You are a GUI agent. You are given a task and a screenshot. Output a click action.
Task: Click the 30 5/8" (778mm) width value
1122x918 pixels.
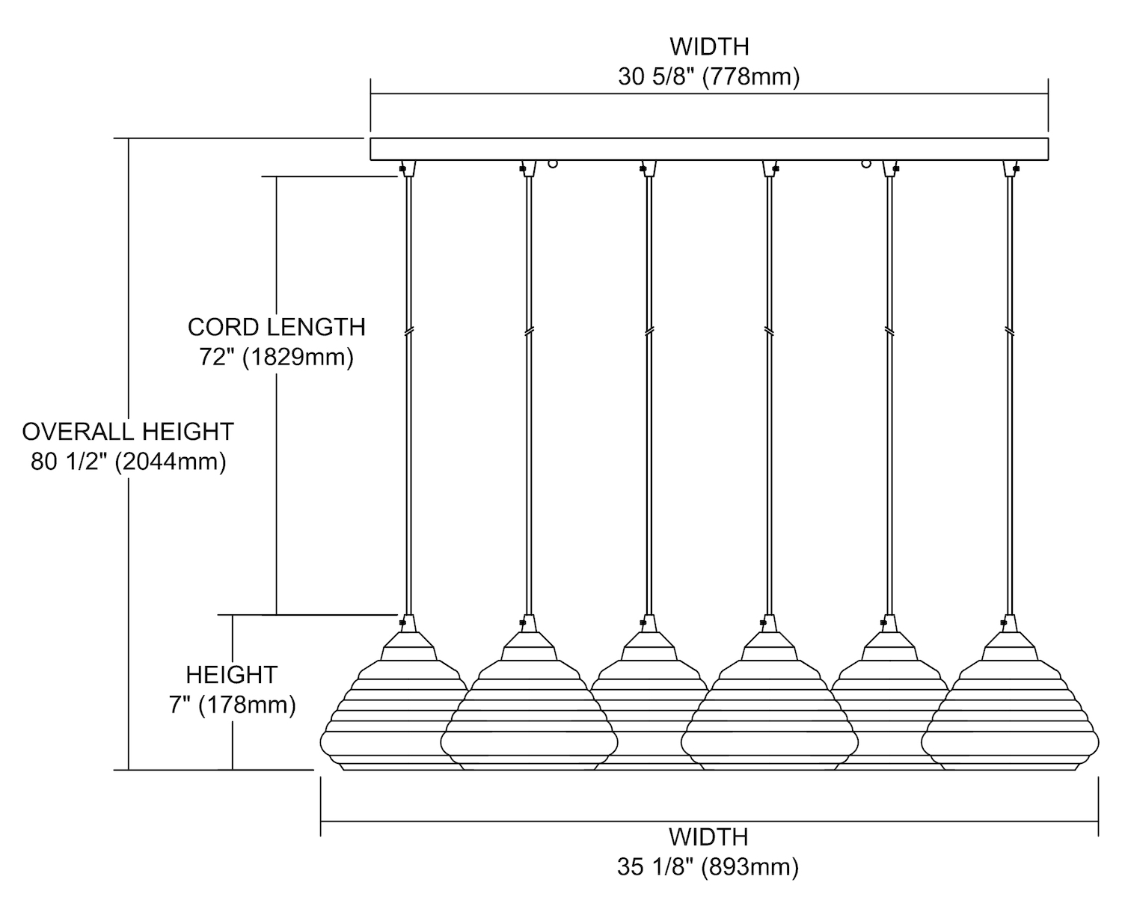[x=708, y=78]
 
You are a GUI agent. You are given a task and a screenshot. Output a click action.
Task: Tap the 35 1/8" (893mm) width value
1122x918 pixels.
[x=708, y=867]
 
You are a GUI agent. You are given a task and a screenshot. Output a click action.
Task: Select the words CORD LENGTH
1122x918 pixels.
[x=276, y=327]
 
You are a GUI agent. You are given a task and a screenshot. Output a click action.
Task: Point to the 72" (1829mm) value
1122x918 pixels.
[x=276, y=358]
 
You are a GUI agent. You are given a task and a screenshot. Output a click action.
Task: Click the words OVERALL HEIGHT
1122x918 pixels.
[x=128, y=432]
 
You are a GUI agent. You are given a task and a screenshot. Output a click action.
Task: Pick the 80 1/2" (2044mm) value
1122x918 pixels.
[x=128, y=462]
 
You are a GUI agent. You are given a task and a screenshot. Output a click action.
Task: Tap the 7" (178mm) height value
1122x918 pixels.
[x=232, y=705]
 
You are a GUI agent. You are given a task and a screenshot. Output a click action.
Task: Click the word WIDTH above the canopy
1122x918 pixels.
[x=708, y=46]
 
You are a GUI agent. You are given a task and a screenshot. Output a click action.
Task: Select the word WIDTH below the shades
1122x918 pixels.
[x=708, y=836]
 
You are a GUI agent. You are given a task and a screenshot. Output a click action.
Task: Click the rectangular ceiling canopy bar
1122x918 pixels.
[x=708, y=149]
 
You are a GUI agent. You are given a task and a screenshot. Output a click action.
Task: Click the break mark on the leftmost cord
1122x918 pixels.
[x=408, y=330]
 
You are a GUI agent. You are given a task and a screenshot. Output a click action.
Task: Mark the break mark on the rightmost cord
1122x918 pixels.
[x=1010, y=330]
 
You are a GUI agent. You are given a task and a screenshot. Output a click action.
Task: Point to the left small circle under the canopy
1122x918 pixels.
[x=552, y=162]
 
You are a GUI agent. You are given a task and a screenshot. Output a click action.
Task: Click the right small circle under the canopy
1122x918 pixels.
[x=866, y=162]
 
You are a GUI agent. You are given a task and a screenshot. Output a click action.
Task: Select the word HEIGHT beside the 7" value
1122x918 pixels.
[x=232, y=675]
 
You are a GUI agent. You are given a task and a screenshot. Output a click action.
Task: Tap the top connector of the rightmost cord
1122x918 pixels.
[x=1011, y=168]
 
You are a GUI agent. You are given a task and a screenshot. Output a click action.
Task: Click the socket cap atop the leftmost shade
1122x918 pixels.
[x=408, y=625]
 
